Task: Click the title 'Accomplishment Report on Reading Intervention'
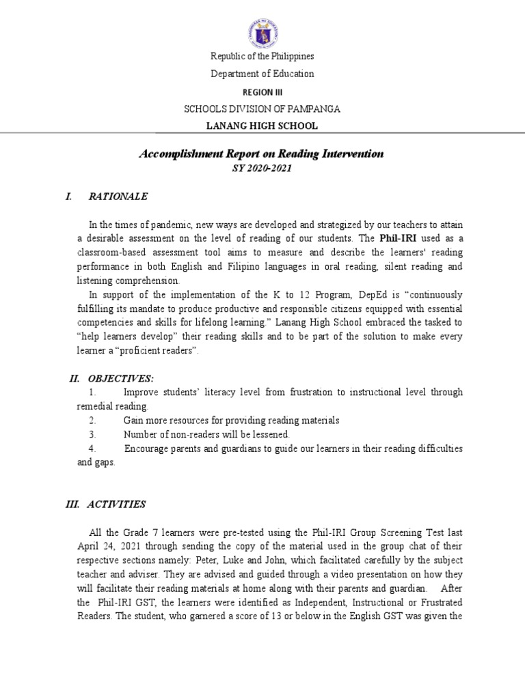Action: [x=262, y=154]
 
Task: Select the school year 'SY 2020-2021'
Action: [x=262, y=169]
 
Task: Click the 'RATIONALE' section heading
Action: [x=118, y=197]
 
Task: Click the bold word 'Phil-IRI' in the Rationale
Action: [x=393, y=238]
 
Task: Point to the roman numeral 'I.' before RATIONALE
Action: [x=68, y=197]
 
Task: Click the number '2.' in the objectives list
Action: [x=92, y=420]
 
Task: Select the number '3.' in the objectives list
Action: [x=92, y=434]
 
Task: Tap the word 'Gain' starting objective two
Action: [x=133, y=420]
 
